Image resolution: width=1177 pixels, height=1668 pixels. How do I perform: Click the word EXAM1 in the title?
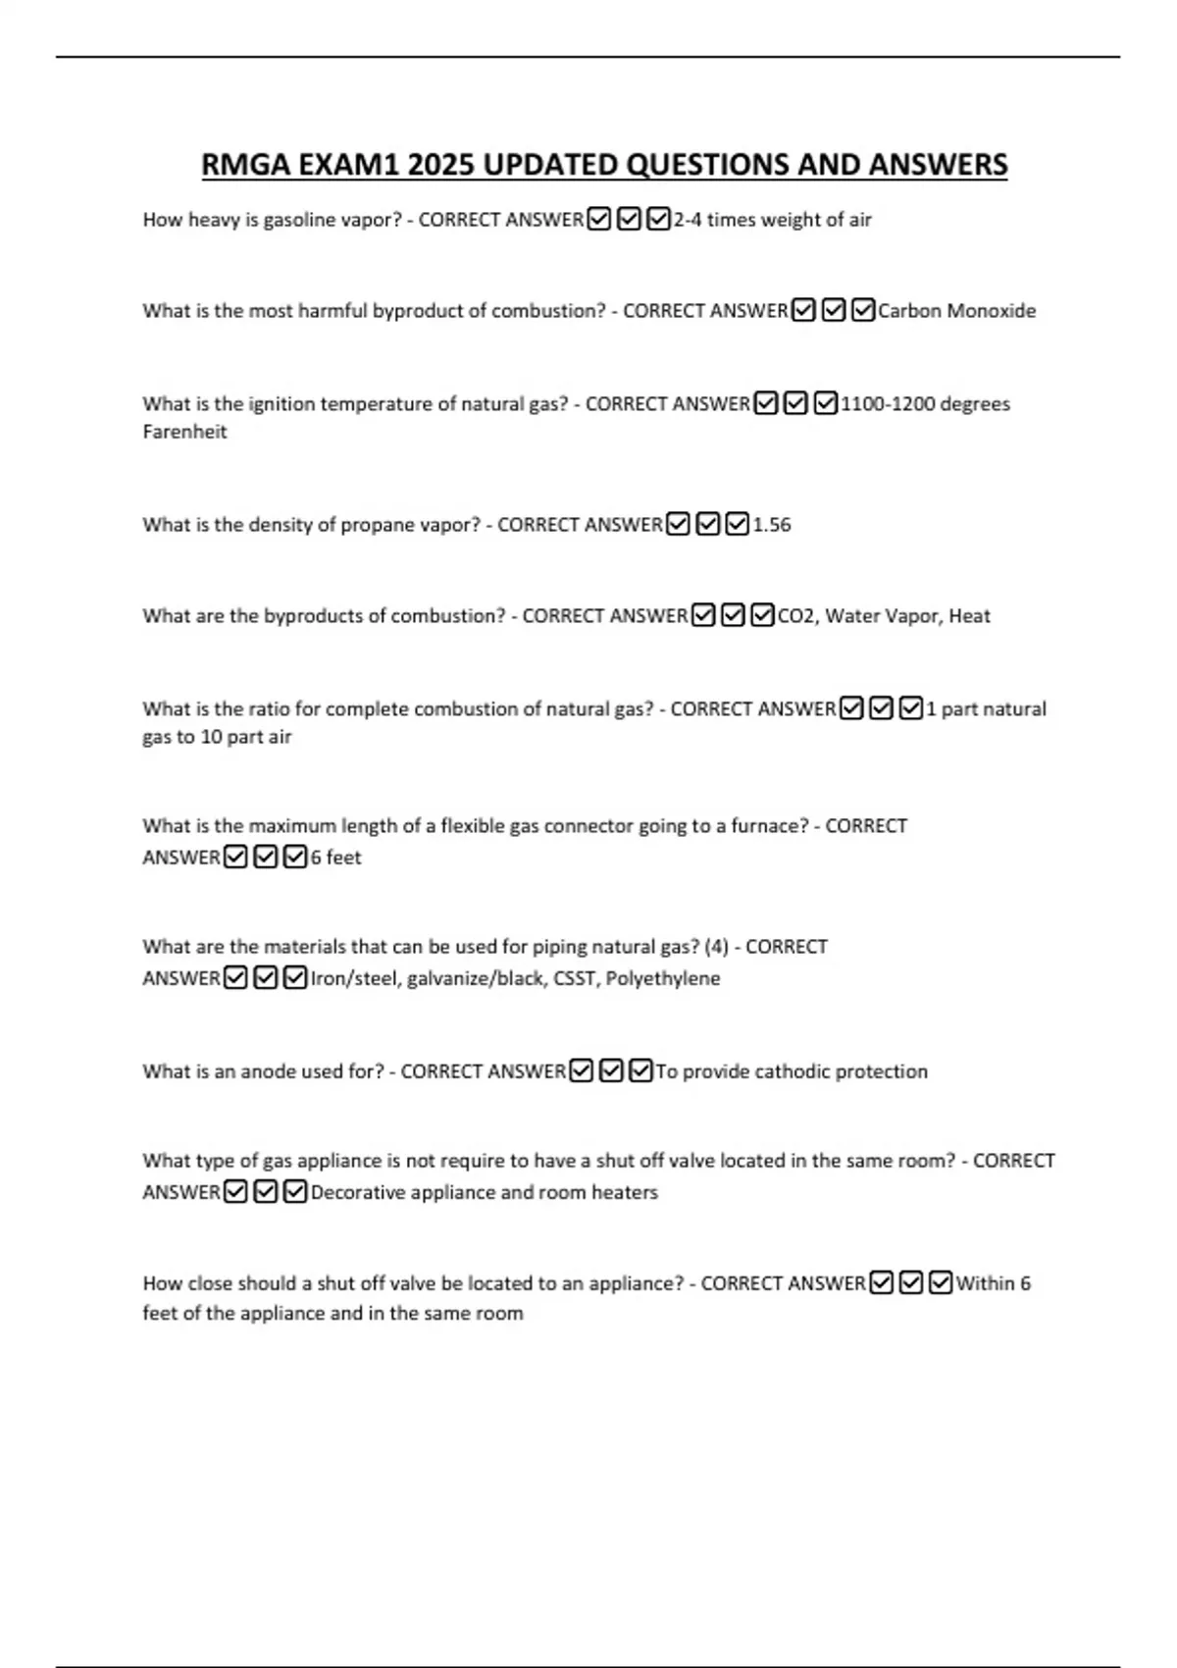click(348, 165)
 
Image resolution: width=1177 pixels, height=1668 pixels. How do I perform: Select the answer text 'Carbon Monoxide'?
click(956, 311)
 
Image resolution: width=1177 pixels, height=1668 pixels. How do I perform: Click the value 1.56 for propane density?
click(772, 525)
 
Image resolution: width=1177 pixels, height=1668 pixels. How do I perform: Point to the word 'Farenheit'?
click(184, 432)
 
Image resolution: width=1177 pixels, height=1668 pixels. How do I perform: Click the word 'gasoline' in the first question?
click(299, 220)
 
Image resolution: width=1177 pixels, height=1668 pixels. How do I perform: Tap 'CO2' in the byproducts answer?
click(795, 616)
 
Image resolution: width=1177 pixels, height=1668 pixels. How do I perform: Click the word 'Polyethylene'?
click(663, 978)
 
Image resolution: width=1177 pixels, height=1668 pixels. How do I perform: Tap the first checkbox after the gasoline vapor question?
click(598, 220)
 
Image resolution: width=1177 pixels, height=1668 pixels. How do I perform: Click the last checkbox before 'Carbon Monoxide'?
click(863, 311)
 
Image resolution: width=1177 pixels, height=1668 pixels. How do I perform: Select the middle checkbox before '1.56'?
click(707, 525)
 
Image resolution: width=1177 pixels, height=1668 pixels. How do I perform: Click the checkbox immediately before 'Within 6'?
click(941, 1283)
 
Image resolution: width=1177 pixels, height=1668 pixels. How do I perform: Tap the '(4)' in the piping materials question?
click(717, 947)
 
